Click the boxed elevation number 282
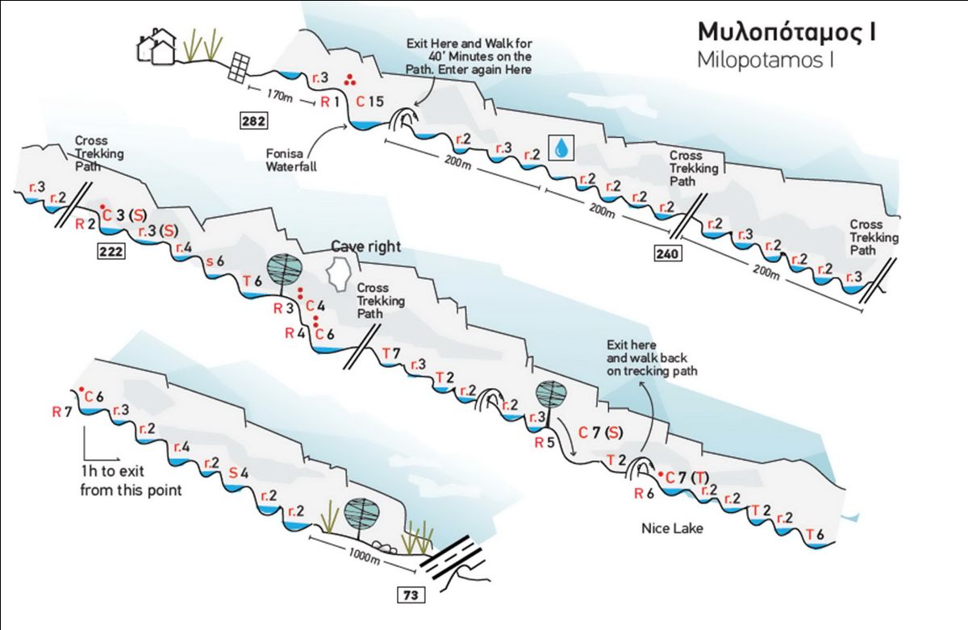point(253,120)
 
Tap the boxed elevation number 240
point(667,253)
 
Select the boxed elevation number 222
point(111,251)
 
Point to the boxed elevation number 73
point(411,595)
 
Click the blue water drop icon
point(561,148)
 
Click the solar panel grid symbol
point(239,67)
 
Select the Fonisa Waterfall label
point(291,160)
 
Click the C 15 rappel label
point(369,102)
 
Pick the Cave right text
point(365,246)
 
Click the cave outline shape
point(338,274)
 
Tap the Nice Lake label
point(672,528)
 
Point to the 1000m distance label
point(365,557)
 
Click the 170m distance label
point(279,95)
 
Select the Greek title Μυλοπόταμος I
point(787,32)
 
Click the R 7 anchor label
point(62,411)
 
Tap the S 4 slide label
point(239,474)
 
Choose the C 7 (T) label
point(687,478)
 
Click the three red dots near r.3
point(349,80)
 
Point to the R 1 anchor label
point(330,102)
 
